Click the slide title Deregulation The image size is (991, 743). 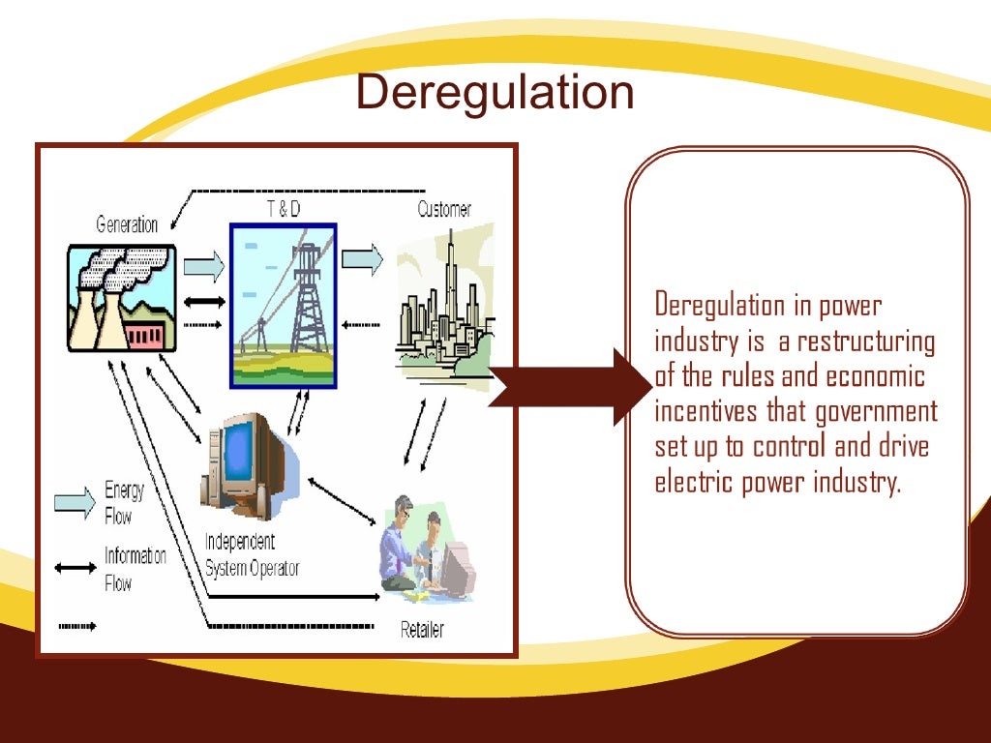(x=495, y=93)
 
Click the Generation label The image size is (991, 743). (x=127, y=225)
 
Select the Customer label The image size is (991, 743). (x=444, y=209)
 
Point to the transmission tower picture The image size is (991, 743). (x=283, y=304)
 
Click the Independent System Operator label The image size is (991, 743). (x=252, y=555)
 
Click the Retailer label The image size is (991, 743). (x=422, y=630)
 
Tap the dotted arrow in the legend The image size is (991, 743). (x=76, y=626)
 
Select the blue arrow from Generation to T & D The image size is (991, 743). (x=202, y=262)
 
